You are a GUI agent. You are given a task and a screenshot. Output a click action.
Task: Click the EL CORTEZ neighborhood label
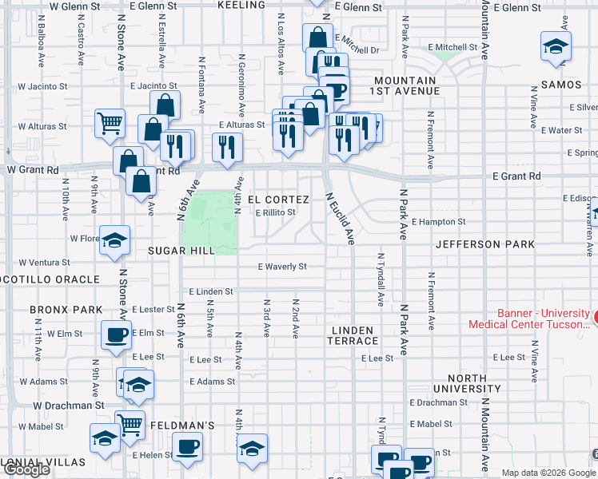pyautogui.click(x=278, y=199)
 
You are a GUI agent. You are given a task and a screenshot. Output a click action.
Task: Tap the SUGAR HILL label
pyautogui.click(x=181, y=251)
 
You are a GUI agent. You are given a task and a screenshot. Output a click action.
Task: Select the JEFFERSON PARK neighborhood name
pyautogui.click(x=478, y=244)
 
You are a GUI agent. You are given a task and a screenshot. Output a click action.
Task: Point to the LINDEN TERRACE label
pyautogui.click(x=352, y=335)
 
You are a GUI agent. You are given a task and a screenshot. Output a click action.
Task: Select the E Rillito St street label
pyautogui.click(x=275, y=212)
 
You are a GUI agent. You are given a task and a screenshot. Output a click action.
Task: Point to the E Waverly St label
pyautogui.click(x=281, y=267)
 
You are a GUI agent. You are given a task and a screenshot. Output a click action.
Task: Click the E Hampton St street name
pyautogui.click(x=439, y=221)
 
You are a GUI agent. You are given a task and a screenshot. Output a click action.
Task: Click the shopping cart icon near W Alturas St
pyautogui.click(x=110, y=124)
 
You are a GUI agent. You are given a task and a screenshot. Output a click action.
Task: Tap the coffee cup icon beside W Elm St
pyautogui.click(x=117, y=335)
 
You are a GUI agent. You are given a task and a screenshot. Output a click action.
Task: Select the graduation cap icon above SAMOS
pyautogui.click(x=555, y=46)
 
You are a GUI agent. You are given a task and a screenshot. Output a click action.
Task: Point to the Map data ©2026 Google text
pyautogui.click(x=548, y=473)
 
